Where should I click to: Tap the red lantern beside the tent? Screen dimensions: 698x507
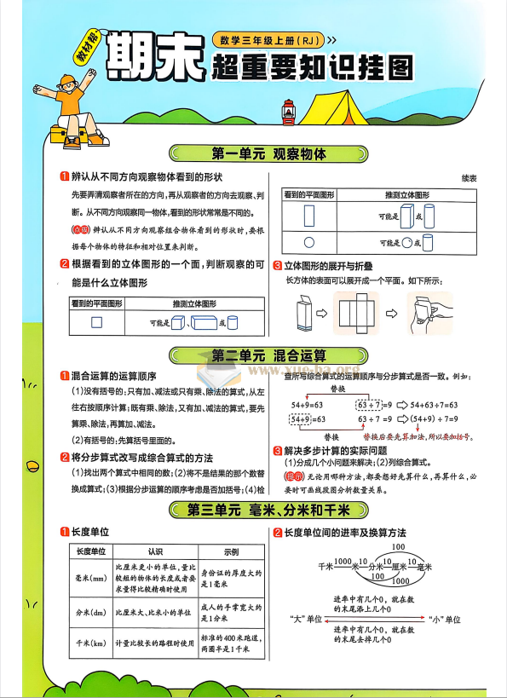pos(287,110)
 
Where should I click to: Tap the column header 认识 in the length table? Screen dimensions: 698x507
pos(155,551)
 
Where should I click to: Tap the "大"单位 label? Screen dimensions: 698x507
pos(305,619)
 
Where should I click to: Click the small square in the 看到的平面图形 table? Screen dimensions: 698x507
pos(95,322)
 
